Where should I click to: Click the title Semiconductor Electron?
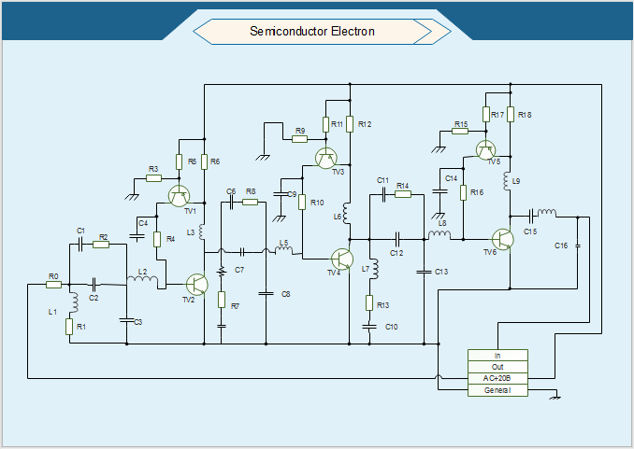click(x=312, y=32)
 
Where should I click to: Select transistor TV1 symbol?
click(x=180, y=195)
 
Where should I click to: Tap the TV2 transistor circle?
click(x=197, y=285)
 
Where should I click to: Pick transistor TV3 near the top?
click(x=326, y=158)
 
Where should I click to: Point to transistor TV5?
click(x=485, y=149)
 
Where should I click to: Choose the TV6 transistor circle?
click(x=503, y=239)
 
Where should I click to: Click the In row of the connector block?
click(x=497, y=356)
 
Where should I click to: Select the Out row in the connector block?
click(x=497, y=367)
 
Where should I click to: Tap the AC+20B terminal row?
click(x=497, y=378)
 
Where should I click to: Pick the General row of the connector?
click(x=497, y=390)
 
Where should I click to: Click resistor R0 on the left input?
click(x=53, y=285)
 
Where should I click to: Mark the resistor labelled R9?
click(x=299, y=139)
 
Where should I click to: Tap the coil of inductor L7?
click(x=373, y=270)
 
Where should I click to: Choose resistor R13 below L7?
click(x=370, y=303)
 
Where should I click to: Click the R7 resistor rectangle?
click(x=222, y=299)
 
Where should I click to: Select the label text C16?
click(x=561, y=246)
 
